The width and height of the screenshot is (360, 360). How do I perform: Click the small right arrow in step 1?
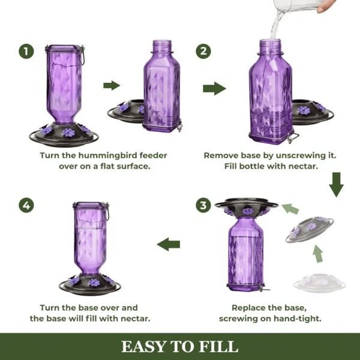click(112, 85)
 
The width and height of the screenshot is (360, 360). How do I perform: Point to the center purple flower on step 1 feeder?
click(68, 132)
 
